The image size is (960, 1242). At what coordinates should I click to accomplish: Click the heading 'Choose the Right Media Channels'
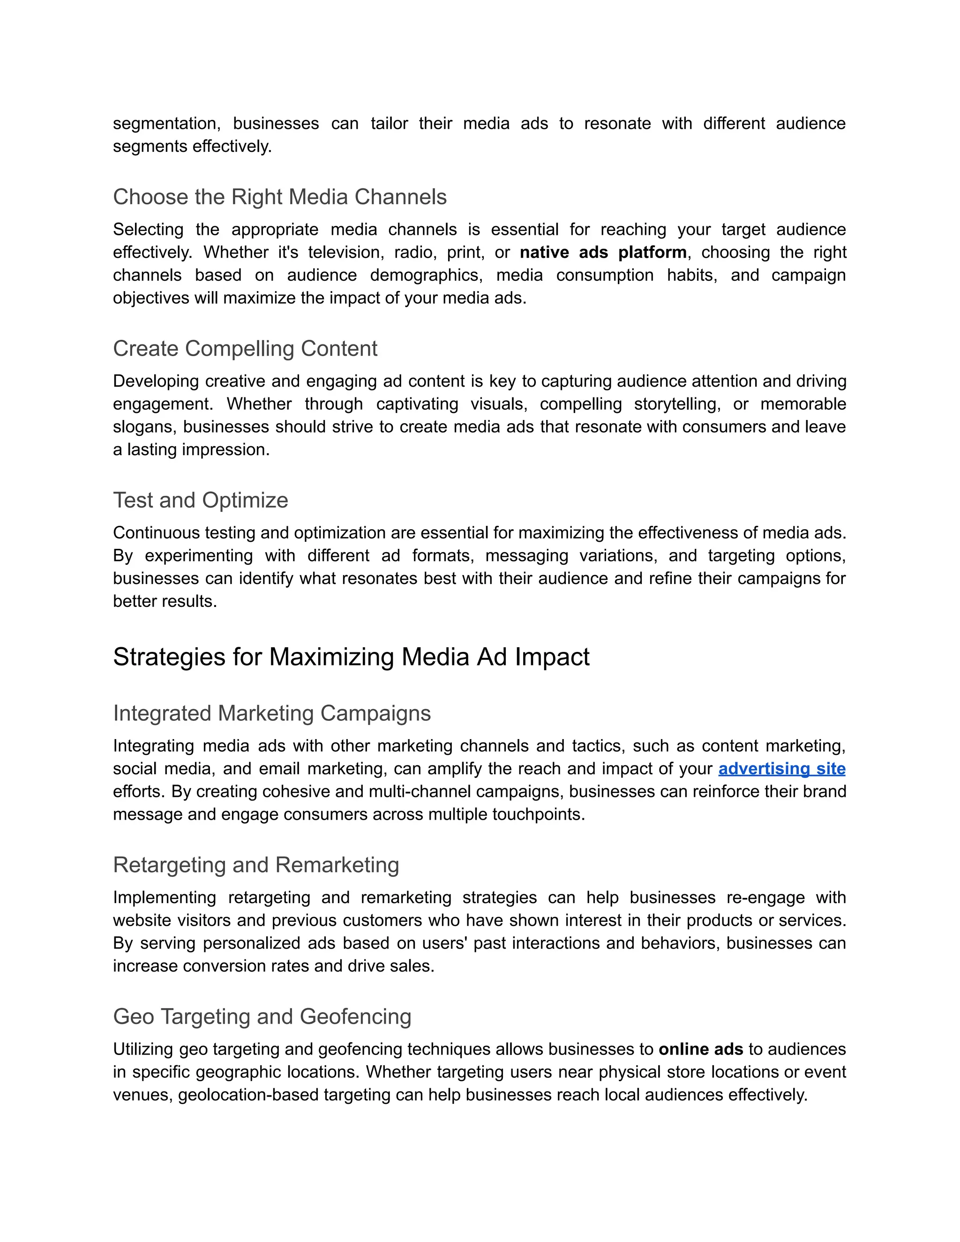tap(279, 197)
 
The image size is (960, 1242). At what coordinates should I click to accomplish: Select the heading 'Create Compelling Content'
tap(245, 349)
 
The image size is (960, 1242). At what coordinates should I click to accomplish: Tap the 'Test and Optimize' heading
tap(200, 501)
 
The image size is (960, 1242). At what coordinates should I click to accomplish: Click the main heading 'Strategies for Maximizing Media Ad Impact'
tap(351, 657)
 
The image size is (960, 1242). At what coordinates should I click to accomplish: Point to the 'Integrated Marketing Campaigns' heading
tap(271, 713)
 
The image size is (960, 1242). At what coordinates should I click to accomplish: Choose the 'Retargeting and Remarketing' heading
tap(255, 865)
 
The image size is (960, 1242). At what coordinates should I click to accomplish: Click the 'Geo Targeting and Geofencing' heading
tap(262, 1017)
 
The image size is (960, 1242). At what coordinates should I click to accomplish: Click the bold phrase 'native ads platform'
tap(603, 253)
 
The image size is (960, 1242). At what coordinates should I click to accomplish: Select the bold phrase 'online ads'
tap(701, 1049)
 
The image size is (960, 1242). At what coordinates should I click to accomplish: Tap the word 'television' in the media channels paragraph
tap(344, 253)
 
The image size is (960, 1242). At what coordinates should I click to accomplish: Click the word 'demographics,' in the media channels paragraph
tap(426, 275)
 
